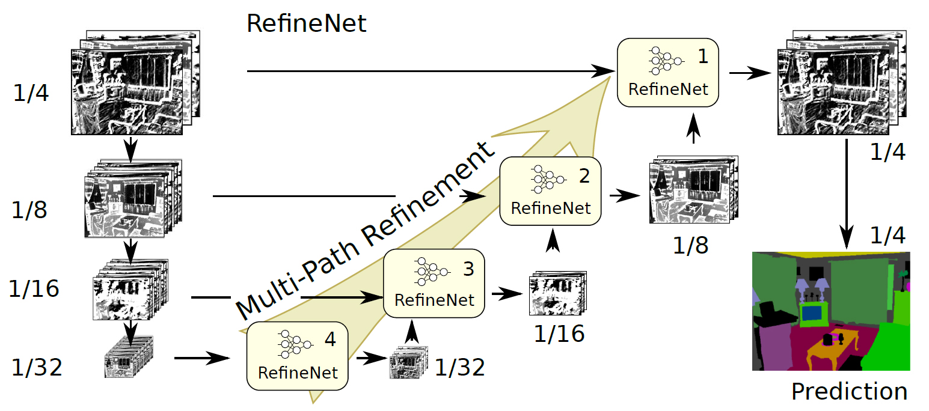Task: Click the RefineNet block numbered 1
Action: [x=668, y=73]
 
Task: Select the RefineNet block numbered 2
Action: [x=550, y=191]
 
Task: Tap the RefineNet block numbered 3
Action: [x=434, y=283]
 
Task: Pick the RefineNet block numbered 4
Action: [x=298, y=355]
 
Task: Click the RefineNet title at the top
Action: [x=307, y=23]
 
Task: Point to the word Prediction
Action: [x=848, y=392]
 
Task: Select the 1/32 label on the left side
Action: [x=37, y=367]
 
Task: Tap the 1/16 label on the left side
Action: [x=34, y=289]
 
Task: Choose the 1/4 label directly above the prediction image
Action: [x=888, y=236]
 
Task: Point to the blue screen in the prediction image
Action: [x=813, y=314]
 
